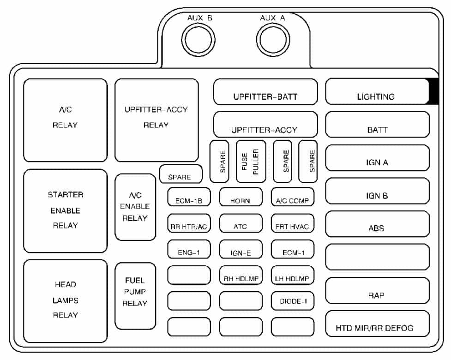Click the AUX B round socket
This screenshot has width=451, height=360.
point(198,40)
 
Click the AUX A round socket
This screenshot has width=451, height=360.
point(273,40)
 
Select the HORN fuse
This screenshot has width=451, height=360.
point(241,197)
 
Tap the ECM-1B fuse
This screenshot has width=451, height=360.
point(189,197)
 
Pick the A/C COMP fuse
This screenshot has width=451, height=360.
point(293,197)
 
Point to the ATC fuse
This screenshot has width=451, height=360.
point(241,223)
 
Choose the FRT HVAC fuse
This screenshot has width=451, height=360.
point(293,223)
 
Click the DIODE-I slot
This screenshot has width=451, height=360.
point(293,301)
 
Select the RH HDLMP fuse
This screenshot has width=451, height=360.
point(241,275)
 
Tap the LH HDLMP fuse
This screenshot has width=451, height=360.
point(293,275)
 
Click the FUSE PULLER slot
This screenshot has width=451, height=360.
point(251,162)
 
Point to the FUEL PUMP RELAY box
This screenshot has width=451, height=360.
point(135,296)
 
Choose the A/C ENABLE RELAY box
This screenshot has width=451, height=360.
point(135,207)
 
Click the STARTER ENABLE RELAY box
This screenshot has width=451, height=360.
point(65,211)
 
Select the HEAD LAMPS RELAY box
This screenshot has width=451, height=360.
point(65,301)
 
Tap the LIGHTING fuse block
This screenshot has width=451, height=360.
point(377,91)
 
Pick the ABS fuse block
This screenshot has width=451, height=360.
point(377,224)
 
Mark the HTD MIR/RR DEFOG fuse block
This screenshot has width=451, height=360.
point(377,324)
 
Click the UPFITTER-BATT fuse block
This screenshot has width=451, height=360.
point(265,92)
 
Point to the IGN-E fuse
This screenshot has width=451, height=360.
point(241,249)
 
